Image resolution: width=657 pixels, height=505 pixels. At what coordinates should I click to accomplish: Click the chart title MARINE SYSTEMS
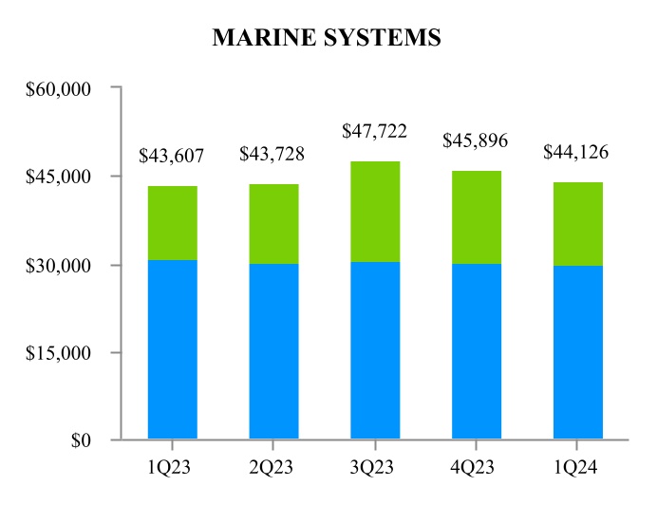point(327,37)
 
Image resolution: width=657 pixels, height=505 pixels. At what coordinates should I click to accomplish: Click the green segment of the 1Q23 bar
point(172,222)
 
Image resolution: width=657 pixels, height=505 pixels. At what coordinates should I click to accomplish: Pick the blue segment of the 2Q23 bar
point(273,350)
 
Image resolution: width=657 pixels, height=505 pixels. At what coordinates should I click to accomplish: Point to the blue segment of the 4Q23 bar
point(477,350)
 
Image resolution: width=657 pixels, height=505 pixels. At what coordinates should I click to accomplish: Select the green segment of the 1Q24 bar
point(577,223)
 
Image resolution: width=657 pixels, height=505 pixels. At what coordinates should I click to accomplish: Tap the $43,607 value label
point(172,155)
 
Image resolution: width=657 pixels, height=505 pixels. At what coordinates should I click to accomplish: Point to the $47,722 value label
point(375,131)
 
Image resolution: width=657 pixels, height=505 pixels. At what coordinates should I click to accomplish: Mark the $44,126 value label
point(576,151)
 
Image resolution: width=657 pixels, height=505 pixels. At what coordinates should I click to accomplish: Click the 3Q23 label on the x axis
point(375,466)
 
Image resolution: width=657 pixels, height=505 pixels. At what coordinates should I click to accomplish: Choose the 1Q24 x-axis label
point(577,466)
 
